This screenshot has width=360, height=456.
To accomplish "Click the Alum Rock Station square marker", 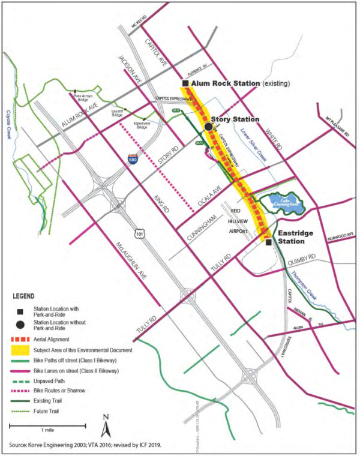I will (187, 83).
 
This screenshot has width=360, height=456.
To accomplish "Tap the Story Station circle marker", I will (208, 127).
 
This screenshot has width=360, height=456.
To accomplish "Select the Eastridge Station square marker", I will (268, 242).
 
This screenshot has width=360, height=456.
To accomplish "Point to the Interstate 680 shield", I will (131, 159).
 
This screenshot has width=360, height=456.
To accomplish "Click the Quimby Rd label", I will (302, 258).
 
